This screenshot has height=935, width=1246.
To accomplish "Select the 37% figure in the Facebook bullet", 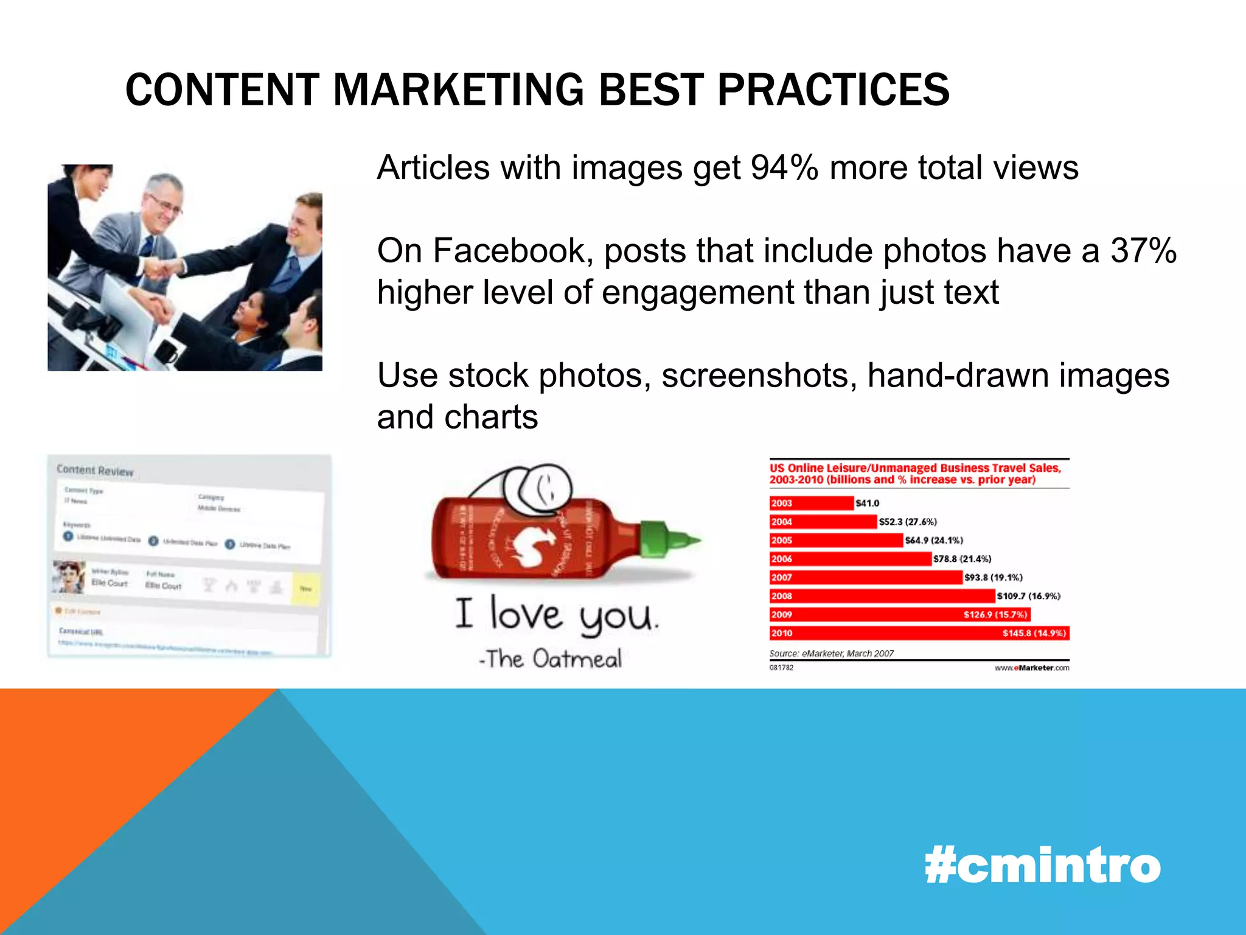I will tap(1143, 250).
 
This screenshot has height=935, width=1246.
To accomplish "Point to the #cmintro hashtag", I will tap(1042, 865).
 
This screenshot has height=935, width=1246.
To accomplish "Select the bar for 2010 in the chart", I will tap(919, 633).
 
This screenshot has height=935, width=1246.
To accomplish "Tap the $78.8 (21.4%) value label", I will tap(962, 559).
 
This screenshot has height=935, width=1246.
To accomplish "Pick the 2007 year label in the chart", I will tap(782, 578).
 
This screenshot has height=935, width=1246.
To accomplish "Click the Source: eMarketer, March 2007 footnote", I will tap(831, 653).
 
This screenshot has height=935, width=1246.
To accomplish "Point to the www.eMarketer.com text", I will tap(1032, 668).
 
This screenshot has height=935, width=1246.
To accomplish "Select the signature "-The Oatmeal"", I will tap(551, 659).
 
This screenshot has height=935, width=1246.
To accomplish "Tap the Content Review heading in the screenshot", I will tap(95, 470).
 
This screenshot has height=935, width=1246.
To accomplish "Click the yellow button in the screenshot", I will tap(305, 588).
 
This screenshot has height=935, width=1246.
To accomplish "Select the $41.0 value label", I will tap(867, 503).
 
